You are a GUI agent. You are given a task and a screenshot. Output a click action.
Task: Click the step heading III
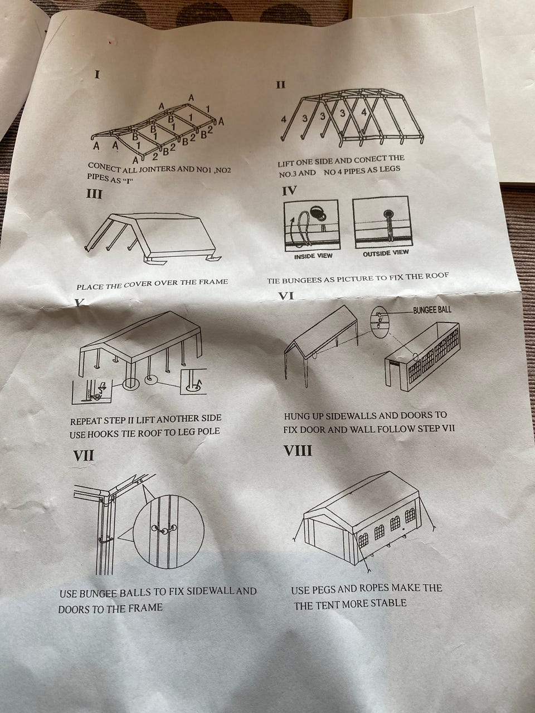tap(94, 194)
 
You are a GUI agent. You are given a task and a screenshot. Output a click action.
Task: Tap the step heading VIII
tap(298, 451)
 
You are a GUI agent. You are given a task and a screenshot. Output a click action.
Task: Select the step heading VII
tap(84, 456)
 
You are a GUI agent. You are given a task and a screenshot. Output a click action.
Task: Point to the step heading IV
tap(289, 191)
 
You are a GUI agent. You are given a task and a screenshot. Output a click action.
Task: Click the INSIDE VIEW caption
tap(313, 256)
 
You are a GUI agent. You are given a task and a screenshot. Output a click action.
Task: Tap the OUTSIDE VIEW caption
tap(386, 253)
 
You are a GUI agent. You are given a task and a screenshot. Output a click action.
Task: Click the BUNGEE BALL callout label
tap(432, 310)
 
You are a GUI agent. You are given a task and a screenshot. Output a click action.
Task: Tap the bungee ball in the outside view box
tap(388, 214)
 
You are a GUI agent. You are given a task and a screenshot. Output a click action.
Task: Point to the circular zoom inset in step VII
tap(169, 532)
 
